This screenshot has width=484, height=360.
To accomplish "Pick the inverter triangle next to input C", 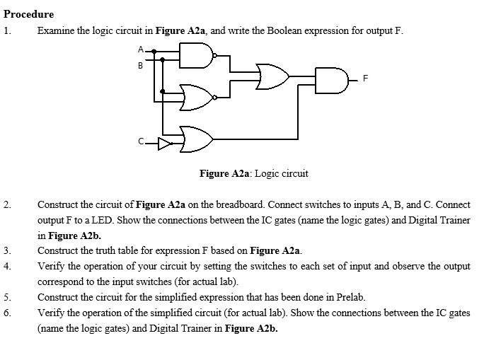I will (163, 145).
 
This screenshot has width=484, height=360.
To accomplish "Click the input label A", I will (141, 49).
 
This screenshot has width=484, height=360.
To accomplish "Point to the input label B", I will (141, 66).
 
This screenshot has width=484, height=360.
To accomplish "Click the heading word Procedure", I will (29, 14).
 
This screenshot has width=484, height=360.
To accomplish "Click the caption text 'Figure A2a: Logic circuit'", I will (253, 173).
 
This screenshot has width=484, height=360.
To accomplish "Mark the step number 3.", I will (6, 250).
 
